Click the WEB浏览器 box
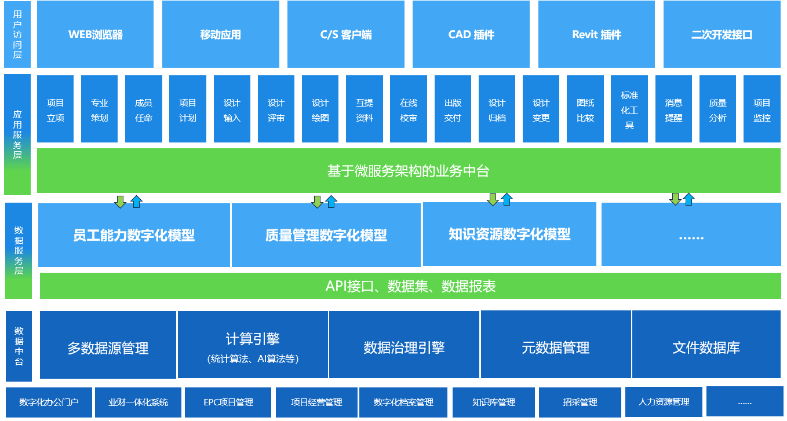click(95, 34)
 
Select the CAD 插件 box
click(471, 34)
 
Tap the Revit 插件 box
click(596, 34)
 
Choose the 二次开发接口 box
click(722, 34)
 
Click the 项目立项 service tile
click(55, 109)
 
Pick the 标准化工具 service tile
click(629, 109)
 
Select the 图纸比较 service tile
click(585, 109)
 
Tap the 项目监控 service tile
click(762, 109)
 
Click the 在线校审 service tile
click(409, 109)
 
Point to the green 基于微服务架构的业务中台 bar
click(408, 171)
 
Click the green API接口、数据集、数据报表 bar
click(410, 286)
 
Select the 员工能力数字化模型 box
click(134, 235)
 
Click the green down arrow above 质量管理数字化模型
click(317, 202)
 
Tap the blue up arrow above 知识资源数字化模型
click(507, 199)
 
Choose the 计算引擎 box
click(253, 345)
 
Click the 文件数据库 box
click(706, 345)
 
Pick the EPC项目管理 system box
click(228, 402)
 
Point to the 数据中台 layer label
click(19, 346)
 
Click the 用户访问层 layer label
click(17, 34)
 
